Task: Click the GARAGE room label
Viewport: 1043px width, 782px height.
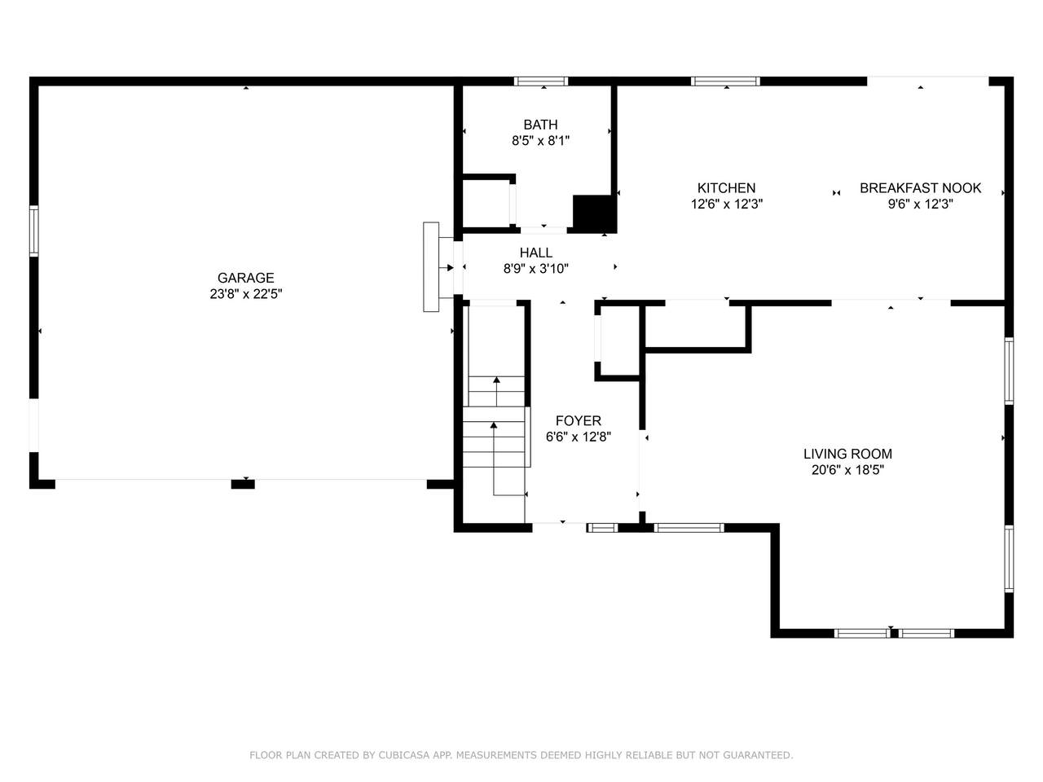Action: click(245, 278)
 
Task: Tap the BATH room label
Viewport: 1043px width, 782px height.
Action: click(540, 125)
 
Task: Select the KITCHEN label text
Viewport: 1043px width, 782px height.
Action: click(726, 188)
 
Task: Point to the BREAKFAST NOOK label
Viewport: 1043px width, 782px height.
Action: click(921, 188)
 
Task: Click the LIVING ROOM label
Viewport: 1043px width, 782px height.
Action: click(847, 454)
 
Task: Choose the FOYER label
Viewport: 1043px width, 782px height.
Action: click(579, 420)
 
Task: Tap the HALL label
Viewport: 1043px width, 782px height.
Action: click(536, 253)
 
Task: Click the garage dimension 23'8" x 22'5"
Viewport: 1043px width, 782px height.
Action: click(245, 294)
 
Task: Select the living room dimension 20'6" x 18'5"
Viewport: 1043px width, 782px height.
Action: click(847, 470)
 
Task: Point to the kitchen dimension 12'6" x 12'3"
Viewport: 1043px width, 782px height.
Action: click(727, 204)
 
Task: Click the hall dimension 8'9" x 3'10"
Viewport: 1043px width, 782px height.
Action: click(536, 269)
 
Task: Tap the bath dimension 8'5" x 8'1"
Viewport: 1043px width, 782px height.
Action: click(540, 141)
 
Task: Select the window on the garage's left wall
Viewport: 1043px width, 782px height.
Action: click(33, 231)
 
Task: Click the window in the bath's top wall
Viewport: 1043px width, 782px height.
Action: click(541, 81)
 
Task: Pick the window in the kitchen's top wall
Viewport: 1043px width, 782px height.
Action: click(725, 81)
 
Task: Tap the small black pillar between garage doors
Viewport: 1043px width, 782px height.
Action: click(243, 485)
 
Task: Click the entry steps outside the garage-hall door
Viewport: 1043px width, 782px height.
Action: click(431, 267)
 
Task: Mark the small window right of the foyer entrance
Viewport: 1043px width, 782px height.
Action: click(602, 528)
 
